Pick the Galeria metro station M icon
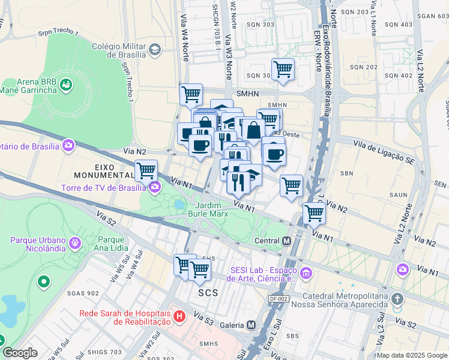point(250,325)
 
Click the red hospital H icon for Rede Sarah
point(178,316)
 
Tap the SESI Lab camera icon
point(306,273)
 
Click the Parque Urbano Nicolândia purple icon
point(75,243)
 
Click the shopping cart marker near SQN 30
point(282,68)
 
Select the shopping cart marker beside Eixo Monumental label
point(146,170)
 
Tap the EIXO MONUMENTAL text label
point(104,170)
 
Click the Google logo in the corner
point(20,353)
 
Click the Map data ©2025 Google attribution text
point(412,355)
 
